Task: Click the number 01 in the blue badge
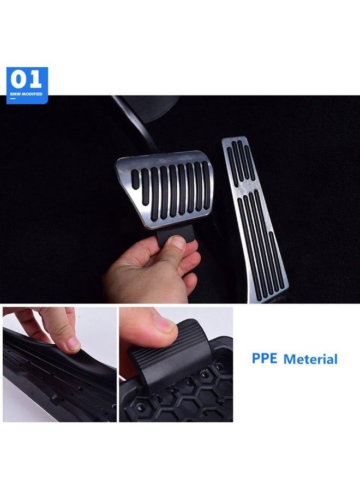tap(26, 80)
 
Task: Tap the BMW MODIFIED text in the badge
tap(26, 94)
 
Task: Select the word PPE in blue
tap(265, 358)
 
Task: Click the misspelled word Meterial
tap(310, 359)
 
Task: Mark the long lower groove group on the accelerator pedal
tap(261, 243)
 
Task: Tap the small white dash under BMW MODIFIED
tap(13, 99)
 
